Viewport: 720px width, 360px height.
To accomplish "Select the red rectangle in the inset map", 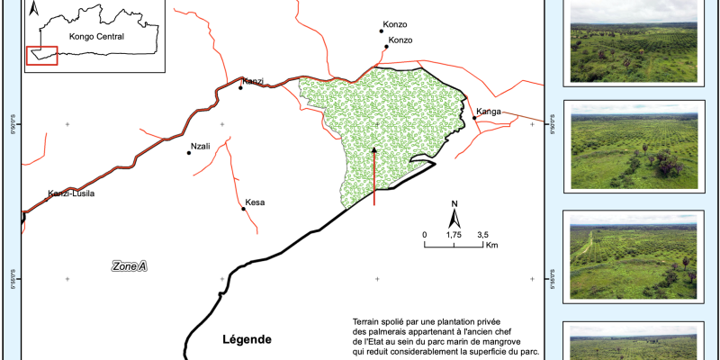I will point(42,56).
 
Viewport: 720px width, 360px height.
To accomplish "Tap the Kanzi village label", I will point(252,81).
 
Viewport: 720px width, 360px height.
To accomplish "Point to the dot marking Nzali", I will point(189,153).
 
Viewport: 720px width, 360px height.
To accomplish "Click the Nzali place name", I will point(201,146).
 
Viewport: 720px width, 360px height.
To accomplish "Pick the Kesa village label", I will point(256,202).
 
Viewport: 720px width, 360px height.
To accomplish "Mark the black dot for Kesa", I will point(244,210).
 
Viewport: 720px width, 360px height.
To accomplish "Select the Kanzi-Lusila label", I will point(71,193).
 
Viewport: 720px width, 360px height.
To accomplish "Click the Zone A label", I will point(129,266).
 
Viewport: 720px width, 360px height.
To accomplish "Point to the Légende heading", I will point(246,339).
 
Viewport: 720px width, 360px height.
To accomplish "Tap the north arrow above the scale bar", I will point(455,216).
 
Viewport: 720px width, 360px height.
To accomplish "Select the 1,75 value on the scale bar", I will point(454,235).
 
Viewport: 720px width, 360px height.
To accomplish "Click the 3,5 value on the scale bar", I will point(482,235).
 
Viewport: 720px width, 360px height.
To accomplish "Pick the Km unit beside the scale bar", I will point(491,245).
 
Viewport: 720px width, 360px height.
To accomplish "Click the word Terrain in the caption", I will point(369,322).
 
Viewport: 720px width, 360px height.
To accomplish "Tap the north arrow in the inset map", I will point(33,10).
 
